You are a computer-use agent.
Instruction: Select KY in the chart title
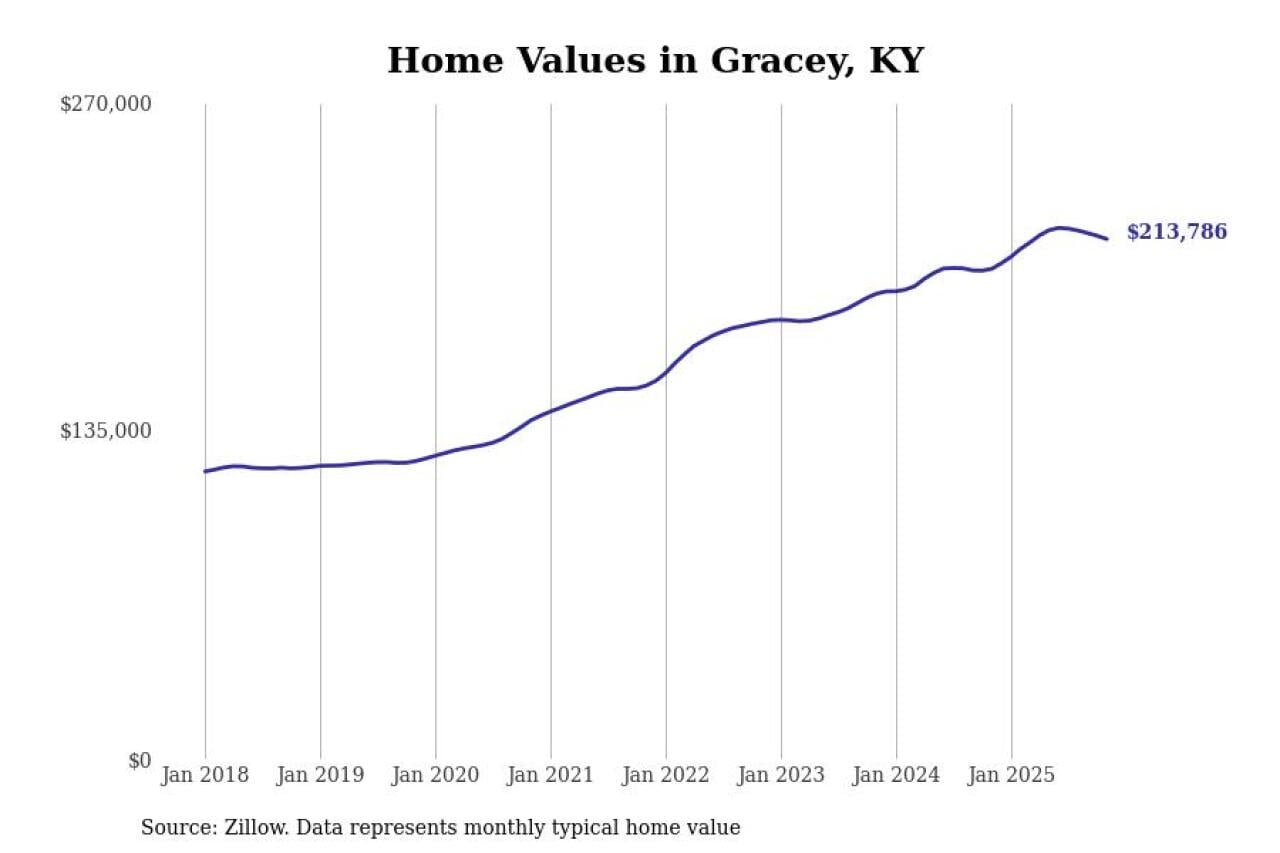point(896,61)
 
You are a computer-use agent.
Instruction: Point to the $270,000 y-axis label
point(106,104)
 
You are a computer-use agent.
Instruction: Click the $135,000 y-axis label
point(106,431)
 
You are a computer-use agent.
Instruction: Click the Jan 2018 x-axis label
point(205,775)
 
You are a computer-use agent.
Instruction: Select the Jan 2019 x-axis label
point(320,775)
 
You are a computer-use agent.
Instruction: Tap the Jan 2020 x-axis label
point(435,775)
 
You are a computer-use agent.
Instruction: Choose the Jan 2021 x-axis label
point(550,775)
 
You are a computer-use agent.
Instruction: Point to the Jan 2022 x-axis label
point(666,775)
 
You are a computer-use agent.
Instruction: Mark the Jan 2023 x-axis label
point(781,775)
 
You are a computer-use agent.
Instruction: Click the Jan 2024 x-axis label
point(896,775)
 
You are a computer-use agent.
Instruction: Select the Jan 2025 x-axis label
point(1011,775)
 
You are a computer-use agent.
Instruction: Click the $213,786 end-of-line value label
point(1177,232)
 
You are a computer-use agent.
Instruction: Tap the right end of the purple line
point(1107,239)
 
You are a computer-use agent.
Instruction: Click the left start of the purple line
point(205,471)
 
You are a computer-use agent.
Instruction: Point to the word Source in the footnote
point(172,828)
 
